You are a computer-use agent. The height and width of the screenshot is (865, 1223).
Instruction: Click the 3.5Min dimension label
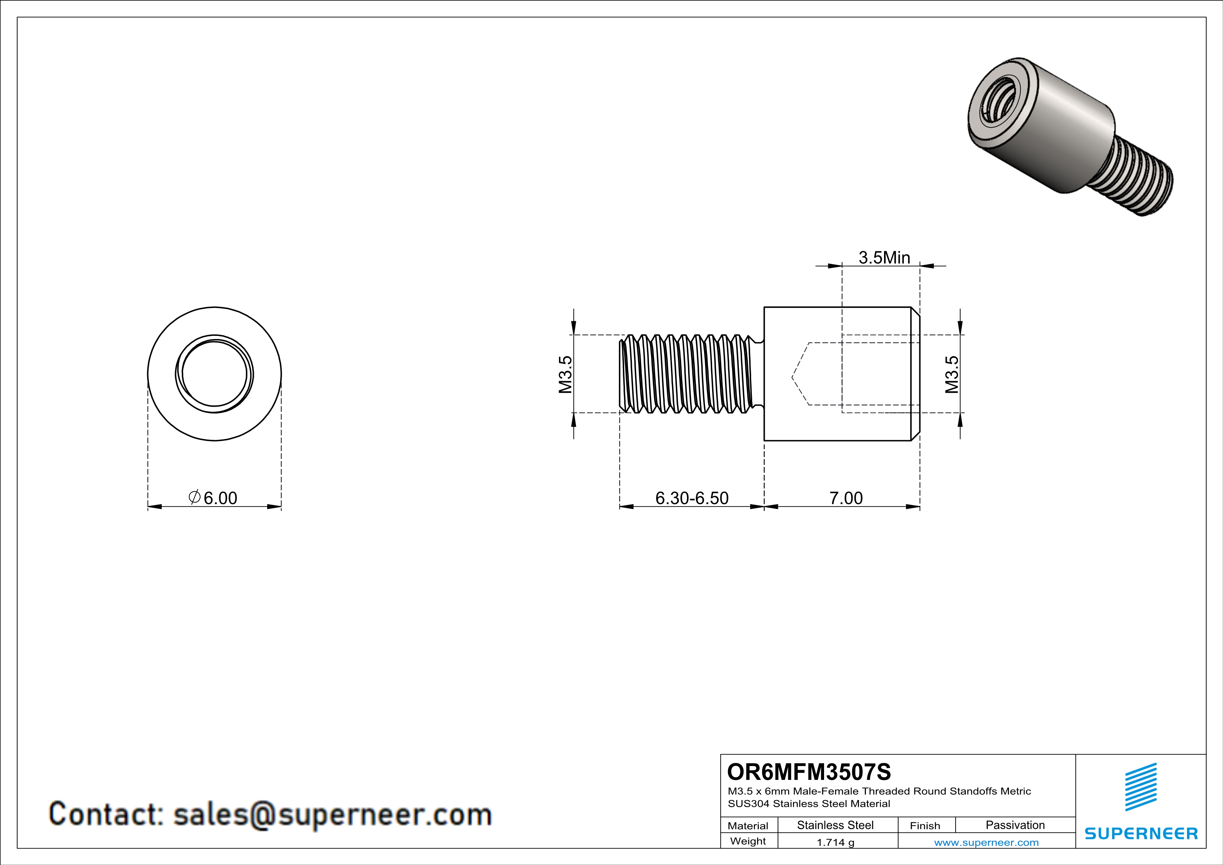[x=884, y=258]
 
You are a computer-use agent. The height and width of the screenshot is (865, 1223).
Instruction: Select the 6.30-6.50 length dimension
[x=692, y=498]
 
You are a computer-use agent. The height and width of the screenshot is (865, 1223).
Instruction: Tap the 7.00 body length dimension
[x=846, y=498]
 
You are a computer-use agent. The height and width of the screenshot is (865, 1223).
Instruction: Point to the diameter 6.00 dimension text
[x=214, y=498]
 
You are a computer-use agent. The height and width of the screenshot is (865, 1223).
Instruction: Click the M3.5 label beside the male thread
[x=565, y=375]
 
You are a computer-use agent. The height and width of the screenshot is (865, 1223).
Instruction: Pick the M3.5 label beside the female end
[x=952, y=375]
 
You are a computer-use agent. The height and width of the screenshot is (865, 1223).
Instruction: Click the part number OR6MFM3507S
[x=809, y=772]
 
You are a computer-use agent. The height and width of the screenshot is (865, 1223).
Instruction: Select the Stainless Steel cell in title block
[x=835, y=825]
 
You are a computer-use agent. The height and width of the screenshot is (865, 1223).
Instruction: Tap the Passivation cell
[x=1015, y=825]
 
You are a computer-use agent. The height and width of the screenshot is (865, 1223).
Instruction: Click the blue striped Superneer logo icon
[x=1140, y=787]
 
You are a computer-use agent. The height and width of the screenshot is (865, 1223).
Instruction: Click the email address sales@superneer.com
[x=332, y=814]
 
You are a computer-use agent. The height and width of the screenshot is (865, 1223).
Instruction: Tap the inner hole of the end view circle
[x=215, y=374]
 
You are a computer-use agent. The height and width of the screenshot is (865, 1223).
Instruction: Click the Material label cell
[x=748, y=826]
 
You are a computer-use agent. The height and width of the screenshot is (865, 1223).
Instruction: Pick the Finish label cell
[x=925, y=826]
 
